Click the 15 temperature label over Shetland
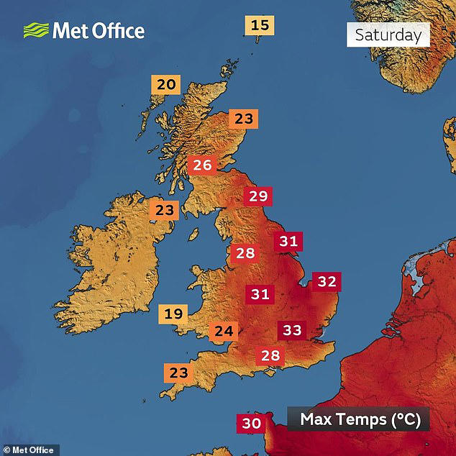coord(260,26)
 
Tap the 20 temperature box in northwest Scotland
coord(166,85)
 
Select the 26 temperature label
coord(202,165)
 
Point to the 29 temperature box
coord(257,196)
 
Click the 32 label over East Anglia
coord(327,281)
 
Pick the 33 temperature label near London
coord(292,330)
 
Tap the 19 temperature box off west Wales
coord(173,314)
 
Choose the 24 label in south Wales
coord(224,332)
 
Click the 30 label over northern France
coord(251,424)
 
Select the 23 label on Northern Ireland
coord(165,211)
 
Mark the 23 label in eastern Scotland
coord(244,119)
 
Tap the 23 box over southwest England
coord(178,373)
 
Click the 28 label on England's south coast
coord(270,355)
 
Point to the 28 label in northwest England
coord(245,253)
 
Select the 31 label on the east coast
coord(288,242)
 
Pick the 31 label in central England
coord(260,293)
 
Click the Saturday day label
coord(388,35)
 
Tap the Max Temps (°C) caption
coord(359,419)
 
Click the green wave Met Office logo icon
coord(35,30)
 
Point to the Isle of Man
coord(194,235)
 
